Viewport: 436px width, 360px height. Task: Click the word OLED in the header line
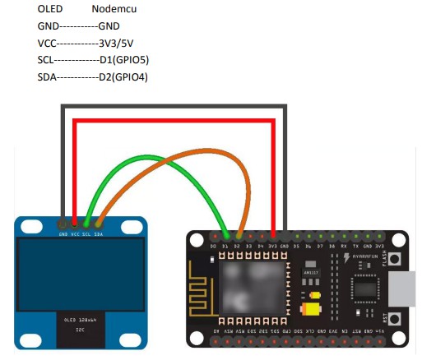pyautogui.click(x=50, y=9)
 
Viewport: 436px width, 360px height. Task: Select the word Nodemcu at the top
pyautogui.click(x=114, y=9)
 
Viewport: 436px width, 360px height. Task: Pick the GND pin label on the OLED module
pyautogui.click(x=63, y=234)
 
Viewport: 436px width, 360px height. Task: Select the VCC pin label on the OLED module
pyautogui.click(x=75, y=234)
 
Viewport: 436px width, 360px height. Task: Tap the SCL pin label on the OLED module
pyautogui.click(x=86, y=234)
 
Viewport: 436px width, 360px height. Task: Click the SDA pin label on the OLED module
pyautogui.click(x=99, y=234)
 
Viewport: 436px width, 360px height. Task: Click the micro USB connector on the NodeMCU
pyautogui.click(x=406, y=288)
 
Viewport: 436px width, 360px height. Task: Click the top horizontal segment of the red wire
pyautogui.click(x=174, y=121)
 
